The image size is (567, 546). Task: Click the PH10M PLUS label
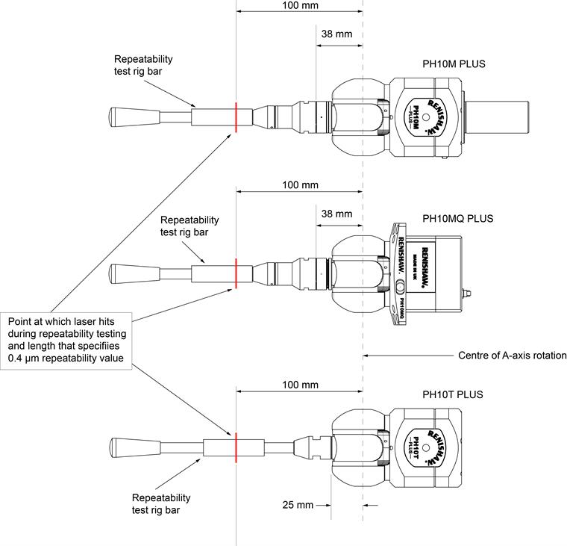(454, 64)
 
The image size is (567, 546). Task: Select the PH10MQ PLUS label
(457, 219)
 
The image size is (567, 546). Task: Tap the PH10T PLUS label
(453, 395)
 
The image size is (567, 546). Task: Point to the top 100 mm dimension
(299, 5)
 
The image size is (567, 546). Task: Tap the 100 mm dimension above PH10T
(299, 385)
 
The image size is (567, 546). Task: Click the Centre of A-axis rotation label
(512, 356)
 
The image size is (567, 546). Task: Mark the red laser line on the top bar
(235, 118)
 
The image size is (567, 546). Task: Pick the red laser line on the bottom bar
(235, 444)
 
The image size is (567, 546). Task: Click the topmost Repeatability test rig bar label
(143, 64)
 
